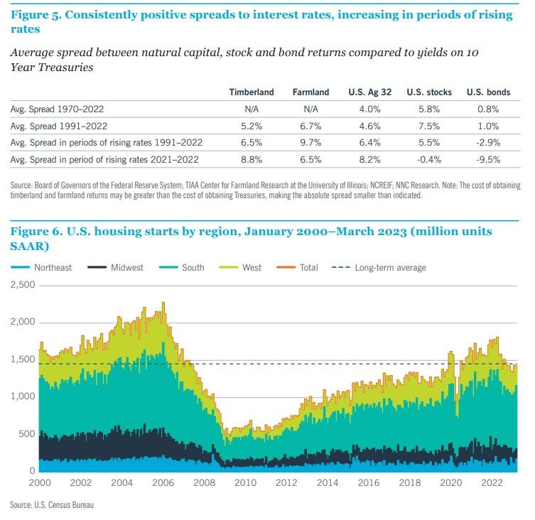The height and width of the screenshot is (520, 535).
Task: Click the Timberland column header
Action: click(252, 92)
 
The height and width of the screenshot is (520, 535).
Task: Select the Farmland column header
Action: click(310, 92)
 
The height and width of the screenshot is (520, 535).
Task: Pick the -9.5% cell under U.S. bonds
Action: click(483, 160)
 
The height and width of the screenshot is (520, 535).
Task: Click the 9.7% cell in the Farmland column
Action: click(310, 143)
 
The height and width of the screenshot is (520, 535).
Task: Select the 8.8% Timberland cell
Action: click(252, 160)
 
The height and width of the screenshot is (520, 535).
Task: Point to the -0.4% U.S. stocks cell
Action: click(424, 160)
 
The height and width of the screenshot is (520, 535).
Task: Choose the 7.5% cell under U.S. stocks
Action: click(424, 126)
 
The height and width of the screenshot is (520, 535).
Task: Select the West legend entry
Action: click(252, 268)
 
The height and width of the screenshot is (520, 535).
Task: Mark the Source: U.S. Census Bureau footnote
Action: click(52, 505)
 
